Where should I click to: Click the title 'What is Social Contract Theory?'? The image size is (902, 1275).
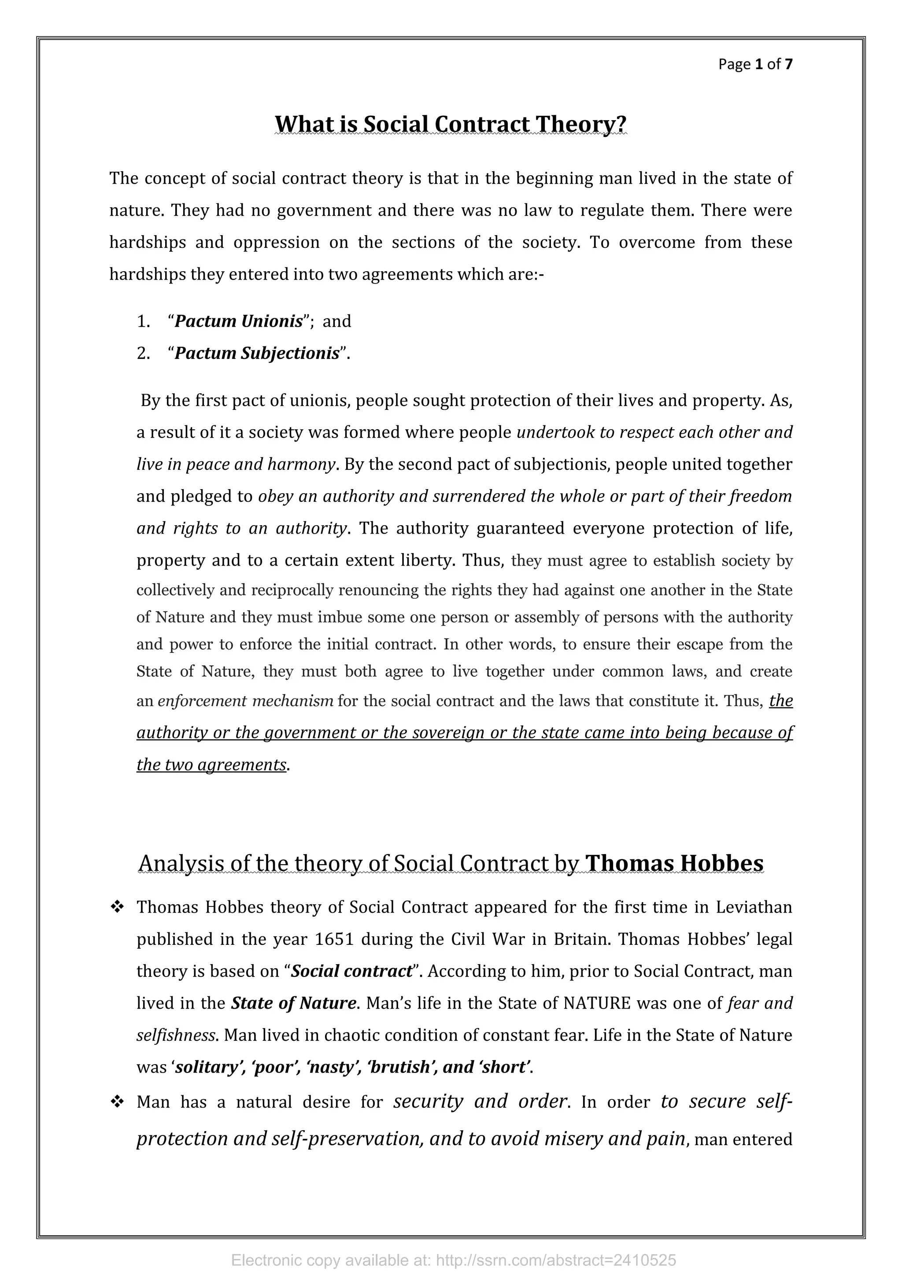pyautogui.click(x=451, y=124)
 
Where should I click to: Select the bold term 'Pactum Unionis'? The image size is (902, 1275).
pyautogui.click(x=239, y=321)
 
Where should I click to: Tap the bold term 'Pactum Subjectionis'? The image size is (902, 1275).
pyautogui.click(x=257, y=353)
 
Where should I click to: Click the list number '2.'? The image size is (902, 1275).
pyautogui.click(x=143, y=353)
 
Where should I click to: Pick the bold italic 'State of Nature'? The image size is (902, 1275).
pyautogui.click(x=293, y=1003)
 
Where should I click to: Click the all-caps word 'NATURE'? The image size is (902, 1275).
pyautogui.click(x=597, y=1003)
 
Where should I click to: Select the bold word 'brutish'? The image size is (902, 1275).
pyautogui.click(x=402, y=1067)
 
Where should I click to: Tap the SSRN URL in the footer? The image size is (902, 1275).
pyautogui.click(x=556, y=1260)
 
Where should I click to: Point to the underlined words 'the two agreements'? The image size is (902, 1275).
pyautogui.click(x=211, y=765)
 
